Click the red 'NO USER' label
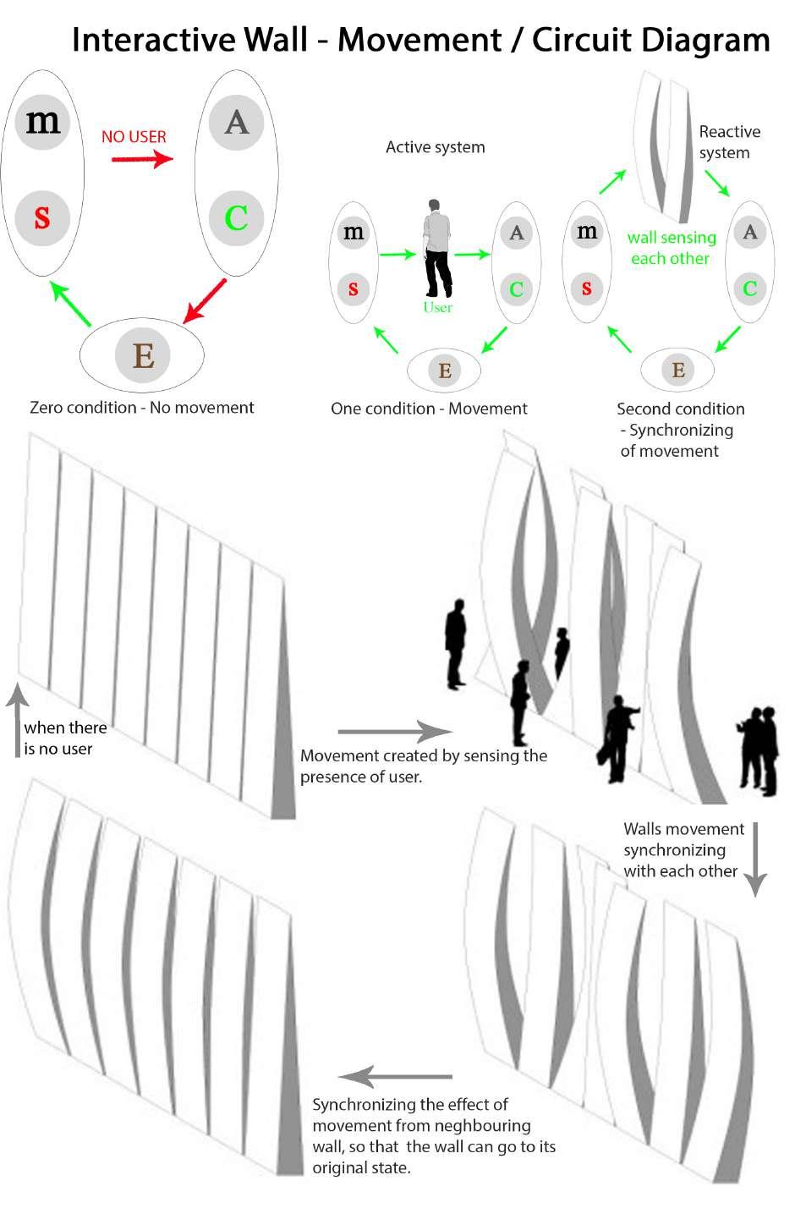(x=134, y=136)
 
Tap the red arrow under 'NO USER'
(x=141, y=158)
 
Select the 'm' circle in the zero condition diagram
(x=42, y=122)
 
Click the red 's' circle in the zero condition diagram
(x=42, y=217)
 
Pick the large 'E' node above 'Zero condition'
(x=143, y=354)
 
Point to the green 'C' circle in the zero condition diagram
(x=236, y=217)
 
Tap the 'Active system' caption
(x=435, y=147)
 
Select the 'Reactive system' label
(x=729, y=142)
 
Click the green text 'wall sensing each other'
(x=671, y=248)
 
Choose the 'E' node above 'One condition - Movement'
(x=444, y=370)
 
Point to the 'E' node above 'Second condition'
(x=677, y=370)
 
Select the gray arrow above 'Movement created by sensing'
(x=395, y=731)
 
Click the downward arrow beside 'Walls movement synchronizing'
(x=754, y=859)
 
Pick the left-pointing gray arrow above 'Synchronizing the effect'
(x=395, y=1077)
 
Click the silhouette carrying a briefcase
(x=619, y=739)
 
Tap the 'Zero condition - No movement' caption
(x=141, y=408)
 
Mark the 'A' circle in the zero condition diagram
(x=236, y=122)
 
